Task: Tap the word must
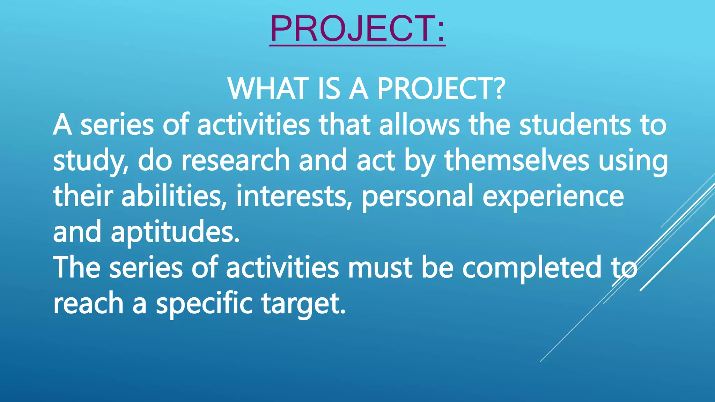coord(380,268)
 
